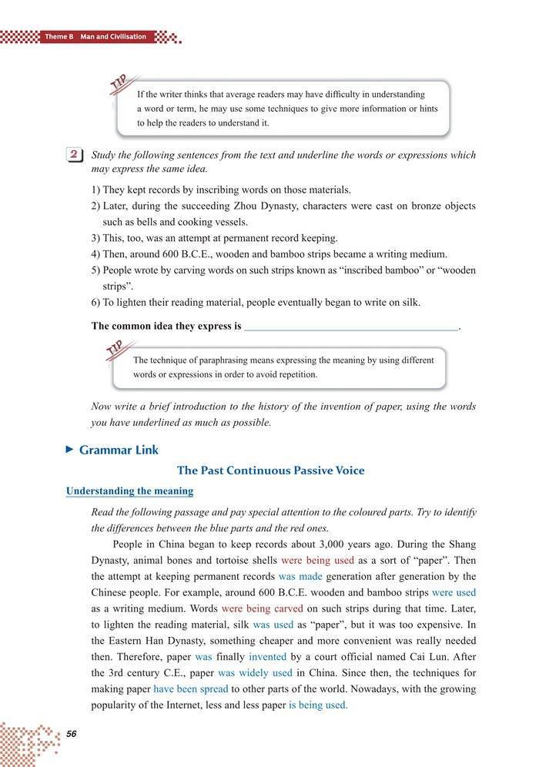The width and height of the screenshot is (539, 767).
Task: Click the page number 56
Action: tap(71, 732)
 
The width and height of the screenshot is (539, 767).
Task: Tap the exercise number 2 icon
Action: tap(75, 156)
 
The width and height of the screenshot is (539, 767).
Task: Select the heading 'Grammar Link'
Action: tap(119, 450)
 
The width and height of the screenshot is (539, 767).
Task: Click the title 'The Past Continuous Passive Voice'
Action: tap(270, 470)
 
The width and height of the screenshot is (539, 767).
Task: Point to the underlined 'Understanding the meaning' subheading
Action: tap(129, 491)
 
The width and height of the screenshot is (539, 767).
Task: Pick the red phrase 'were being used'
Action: tap(317, 560)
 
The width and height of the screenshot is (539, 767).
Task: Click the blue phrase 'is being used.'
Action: tap(318, 705)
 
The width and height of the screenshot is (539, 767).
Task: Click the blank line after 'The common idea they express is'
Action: tap(351, 327)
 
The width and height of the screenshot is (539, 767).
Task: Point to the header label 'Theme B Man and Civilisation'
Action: tap(95, 36)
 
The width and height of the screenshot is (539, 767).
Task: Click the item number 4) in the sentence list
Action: tap(96, 254)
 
